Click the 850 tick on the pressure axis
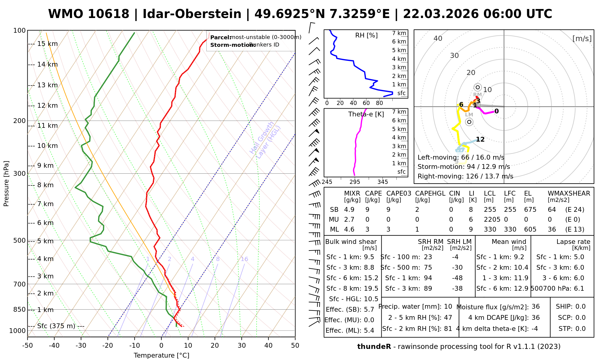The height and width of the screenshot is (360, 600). tap(19, 309)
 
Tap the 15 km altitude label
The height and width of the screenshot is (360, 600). tap(47, 44)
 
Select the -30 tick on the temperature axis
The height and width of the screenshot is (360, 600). tap(81, 345)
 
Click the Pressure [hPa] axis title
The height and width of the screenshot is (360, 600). tap(6, 184)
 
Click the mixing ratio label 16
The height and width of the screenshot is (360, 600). tap(244, 259)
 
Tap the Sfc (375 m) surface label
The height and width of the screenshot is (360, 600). tap(56, 326)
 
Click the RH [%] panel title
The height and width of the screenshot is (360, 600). tap(366, 35)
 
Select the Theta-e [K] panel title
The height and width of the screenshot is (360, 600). tap(366, 114)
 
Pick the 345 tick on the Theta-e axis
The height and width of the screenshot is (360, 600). tap(382, 182)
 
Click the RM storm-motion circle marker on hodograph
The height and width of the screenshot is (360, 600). tap(478, 87)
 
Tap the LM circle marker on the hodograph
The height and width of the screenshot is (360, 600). tap(469, 122)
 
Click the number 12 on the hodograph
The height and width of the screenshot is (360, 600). tap(480, 139)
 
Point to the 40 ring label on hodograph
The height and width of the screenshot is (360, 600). tap(438, 38)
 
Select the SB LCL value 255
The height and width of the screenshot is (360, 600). tap(490, 210)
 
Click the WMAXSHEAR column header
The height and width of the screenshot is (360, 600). tap(569, 193)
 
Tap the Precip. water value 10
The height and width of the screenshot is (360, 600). tap(448, 307)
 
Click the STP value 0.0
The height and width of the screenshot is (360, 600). tap(580, 329)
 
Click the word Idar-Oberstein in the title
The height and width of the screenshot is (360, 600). tap(192, 14)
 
